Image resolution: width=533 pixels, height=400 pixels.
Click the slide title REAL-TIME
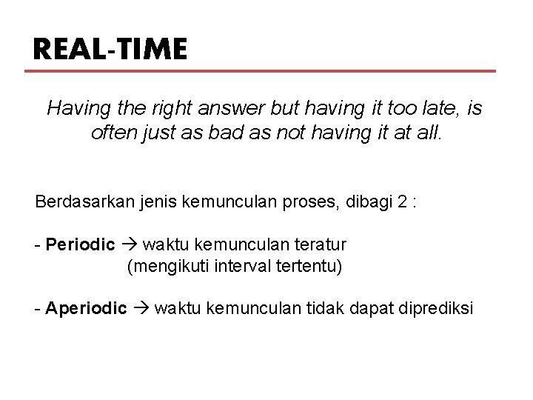(110, 50)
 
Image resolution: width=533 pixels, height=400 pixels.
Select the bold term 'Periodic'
(80, 244)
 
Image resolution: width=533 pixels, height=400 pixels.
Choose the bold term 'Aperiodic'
(86, 308)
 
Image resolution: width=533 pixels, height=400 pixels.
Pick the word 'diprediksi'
(437, 308)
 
